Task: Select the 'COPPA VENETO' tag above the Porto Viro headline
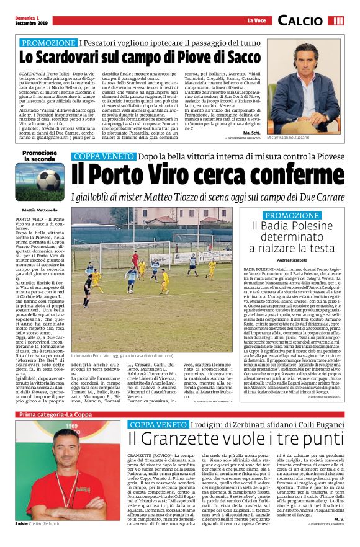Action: (x=101, y=156)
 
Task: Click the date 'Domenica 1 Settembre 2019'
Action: (x=31, y=20)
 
